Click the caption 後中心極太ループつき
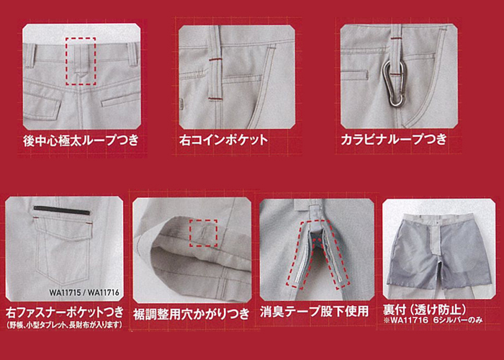(81, 141)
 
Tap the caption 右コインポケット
(223, 140)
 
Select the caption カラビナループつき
(394, 140)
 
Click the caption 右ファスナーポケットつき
(65, 312)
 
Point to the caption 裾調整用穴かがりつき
(192, 314)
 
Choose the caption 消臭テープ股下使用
(314, 312)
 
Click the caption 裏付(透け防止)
(424, 310)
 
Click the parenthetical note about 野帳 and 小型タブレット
(65, 325)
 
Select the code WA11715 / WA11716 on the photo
(84, 293)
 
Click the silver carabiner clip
(394, 84)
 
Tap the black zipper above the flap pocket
(62, 210)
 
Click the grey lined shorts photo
(438, 248)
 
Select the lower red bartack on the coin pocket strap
(215, 99)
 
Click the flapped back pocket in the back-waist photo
(42, 104)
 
